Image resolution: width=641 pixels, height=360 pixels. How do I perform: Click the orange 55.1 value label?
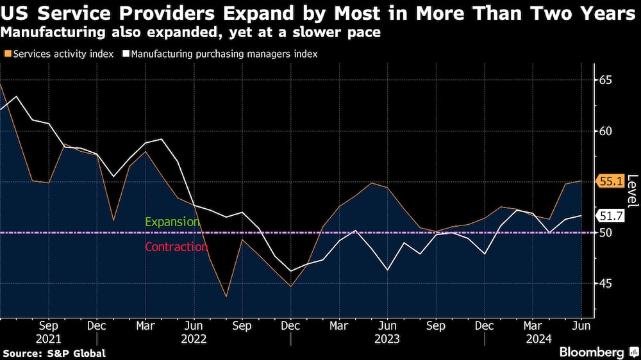(x=610, y=182)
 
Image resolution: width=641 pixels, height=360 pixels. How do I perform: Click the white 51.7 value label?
(x=610, y=215)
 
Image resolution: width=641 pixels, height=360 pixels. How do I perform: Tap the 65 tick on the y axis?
(x=606, y=80)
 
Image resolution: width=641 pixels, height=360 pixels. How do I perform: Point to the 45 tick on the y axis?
(x=606, y=284)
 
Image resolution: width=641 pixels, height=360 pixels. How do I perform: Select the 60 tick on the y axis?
(x=606, y=131)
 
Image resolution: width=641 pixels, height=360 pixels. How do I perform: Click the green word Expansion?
(x=172, y=222)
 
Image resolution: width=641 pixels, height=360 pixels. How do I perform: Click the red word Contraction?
(x=176, y=247)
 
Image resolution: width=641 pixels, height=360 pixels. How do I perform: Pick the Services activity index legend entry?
(x=58, y=54)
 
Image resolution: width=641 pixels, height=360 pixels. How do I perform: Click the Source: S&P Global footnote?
(x=54, y=353)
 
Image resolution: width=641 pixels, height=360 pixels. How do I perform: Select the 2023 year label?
(x=387, y=338)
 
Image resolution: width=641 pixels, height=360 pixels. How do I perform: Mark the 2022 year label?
(x=194, y=338)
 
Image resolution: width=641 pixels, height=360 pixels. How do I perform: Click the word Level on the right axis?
(x=632, y=191)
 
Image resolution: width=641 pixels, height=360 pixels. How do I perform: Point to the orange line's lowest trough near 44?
(x=226, y=297)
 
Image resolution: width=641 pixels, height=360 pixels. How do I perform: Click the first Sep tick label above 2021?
(x=48, y=325)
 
